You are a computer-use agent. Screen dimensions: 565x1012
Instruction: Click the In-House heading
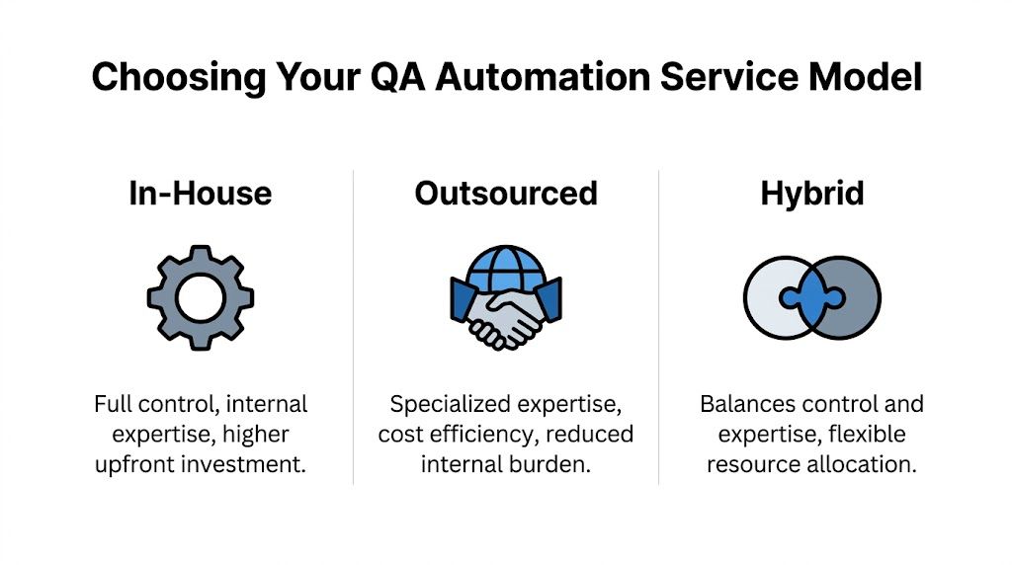tap(200, 193)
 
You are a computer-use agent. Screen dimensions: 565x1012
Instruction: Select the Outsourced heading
tap(505, 193)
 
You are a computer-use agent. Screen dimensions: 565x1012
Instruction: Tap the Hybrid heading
tap(811, 193)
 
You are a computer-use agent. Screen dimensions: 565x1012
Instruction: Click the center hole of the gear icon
tap(201, 297)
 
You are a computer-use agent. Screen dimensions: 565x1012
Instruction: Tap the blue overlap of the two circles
tap(811, 297)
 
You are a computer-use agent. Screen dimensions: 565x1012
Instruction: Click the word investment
tap(255, 463)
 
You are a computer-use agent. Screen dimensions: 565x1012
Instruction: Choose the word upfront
tap(147, 463)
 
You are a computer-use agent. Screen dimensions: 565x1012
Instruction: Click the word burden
tap(553, 463)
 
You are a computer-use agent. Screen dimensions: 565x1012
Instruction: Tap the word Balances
tap(746, 404)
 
